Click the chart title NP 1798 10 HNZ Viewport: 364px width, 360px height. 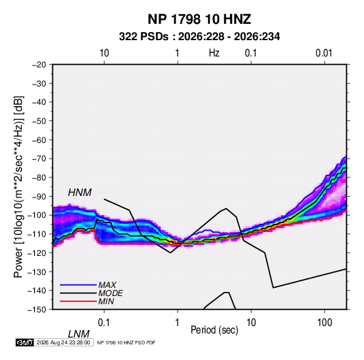[x=199, y=19]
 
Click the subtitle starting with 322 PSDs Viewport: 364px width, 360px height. [x=199, y=37]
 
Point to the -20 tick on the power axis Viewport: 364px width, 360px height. [x=39, y=65]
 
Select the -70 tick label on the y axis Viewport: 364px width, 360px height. [x=39, y=159]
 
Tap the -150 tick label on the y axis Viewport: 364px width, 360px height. [x=37, y=310]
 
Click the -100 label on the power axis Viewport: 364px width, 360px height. [x=37, y=215]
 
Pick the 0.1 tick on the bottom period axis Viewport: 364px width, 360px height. [x=104, y=323]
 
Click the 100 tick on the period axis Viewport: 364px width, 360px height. [x=325, y=323]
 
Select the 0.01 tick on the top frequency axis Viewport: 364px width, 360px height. [x=324, y=53]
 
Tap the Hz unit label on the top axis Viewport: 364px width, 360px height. [x=214, y=53]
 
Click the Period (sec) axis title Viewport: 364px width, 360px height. [x=214, y=330]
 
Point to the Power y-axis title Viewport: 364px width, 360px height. [x=18, y=186]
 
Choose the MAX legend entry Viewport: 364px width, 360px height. [x=107, y=284]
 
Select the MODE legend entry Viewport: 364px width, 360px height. [x=110, y=293]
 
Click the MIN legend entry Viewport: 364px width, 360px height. [x=106, y=301]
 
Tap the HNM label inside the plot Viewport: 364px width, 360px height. [x=80, y=193]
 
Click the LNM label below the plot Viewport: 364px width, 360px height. [x=79, y=334]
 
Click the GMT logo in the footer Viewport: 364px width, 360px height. [x=24, y=342]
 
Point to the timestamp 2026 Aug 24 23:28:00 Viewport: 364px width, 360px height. [x=63, y=342]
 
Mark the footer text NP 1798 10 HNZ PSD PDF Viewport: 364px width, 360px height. [x=126, y=342]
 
